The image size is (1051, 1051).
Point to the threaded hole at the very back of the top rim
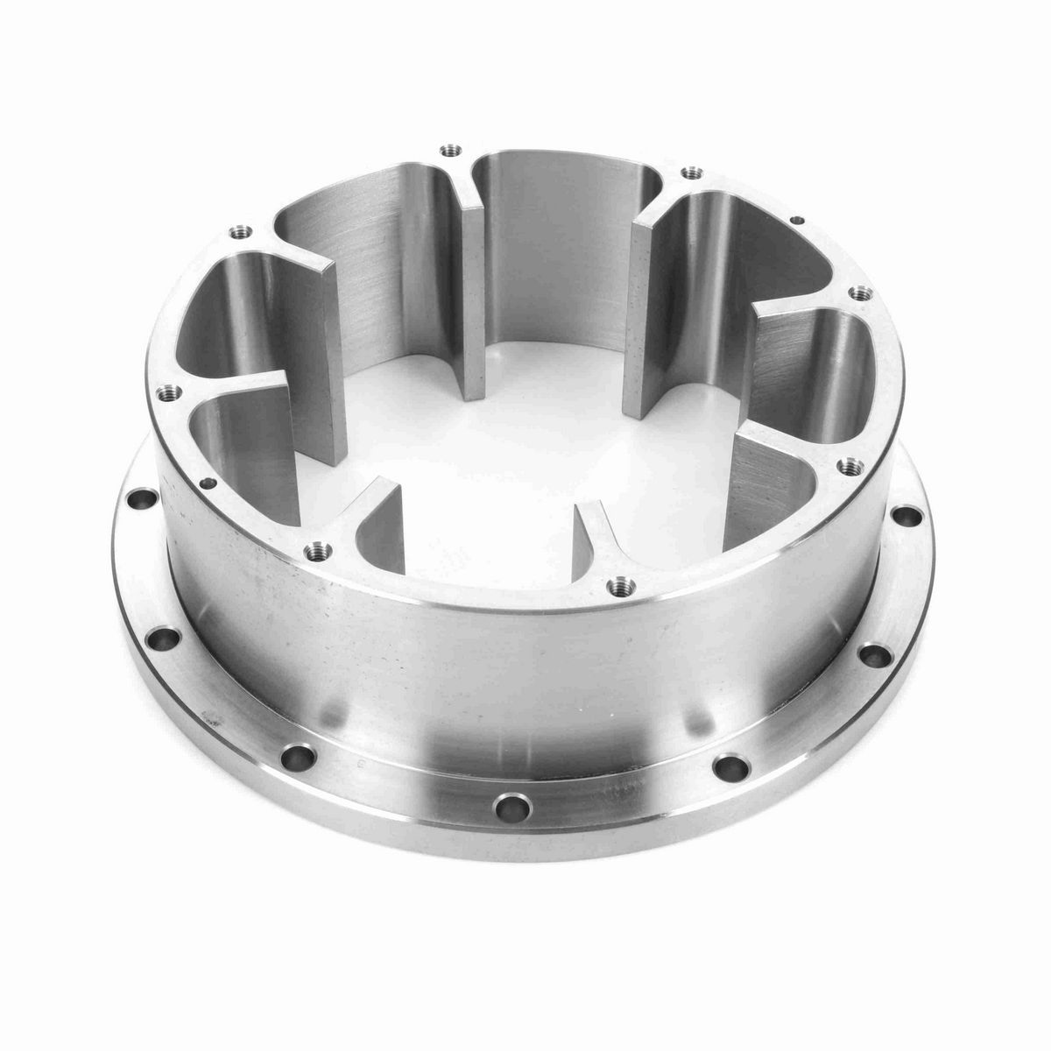tap(452, 151)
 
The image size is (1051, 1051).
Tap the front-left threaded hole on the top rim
tap(315, 550)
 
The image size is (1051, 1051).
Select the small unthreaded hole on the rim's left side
tap(208, 482)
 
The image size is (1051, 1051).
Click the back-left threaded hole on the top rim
tap(236, 233)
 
